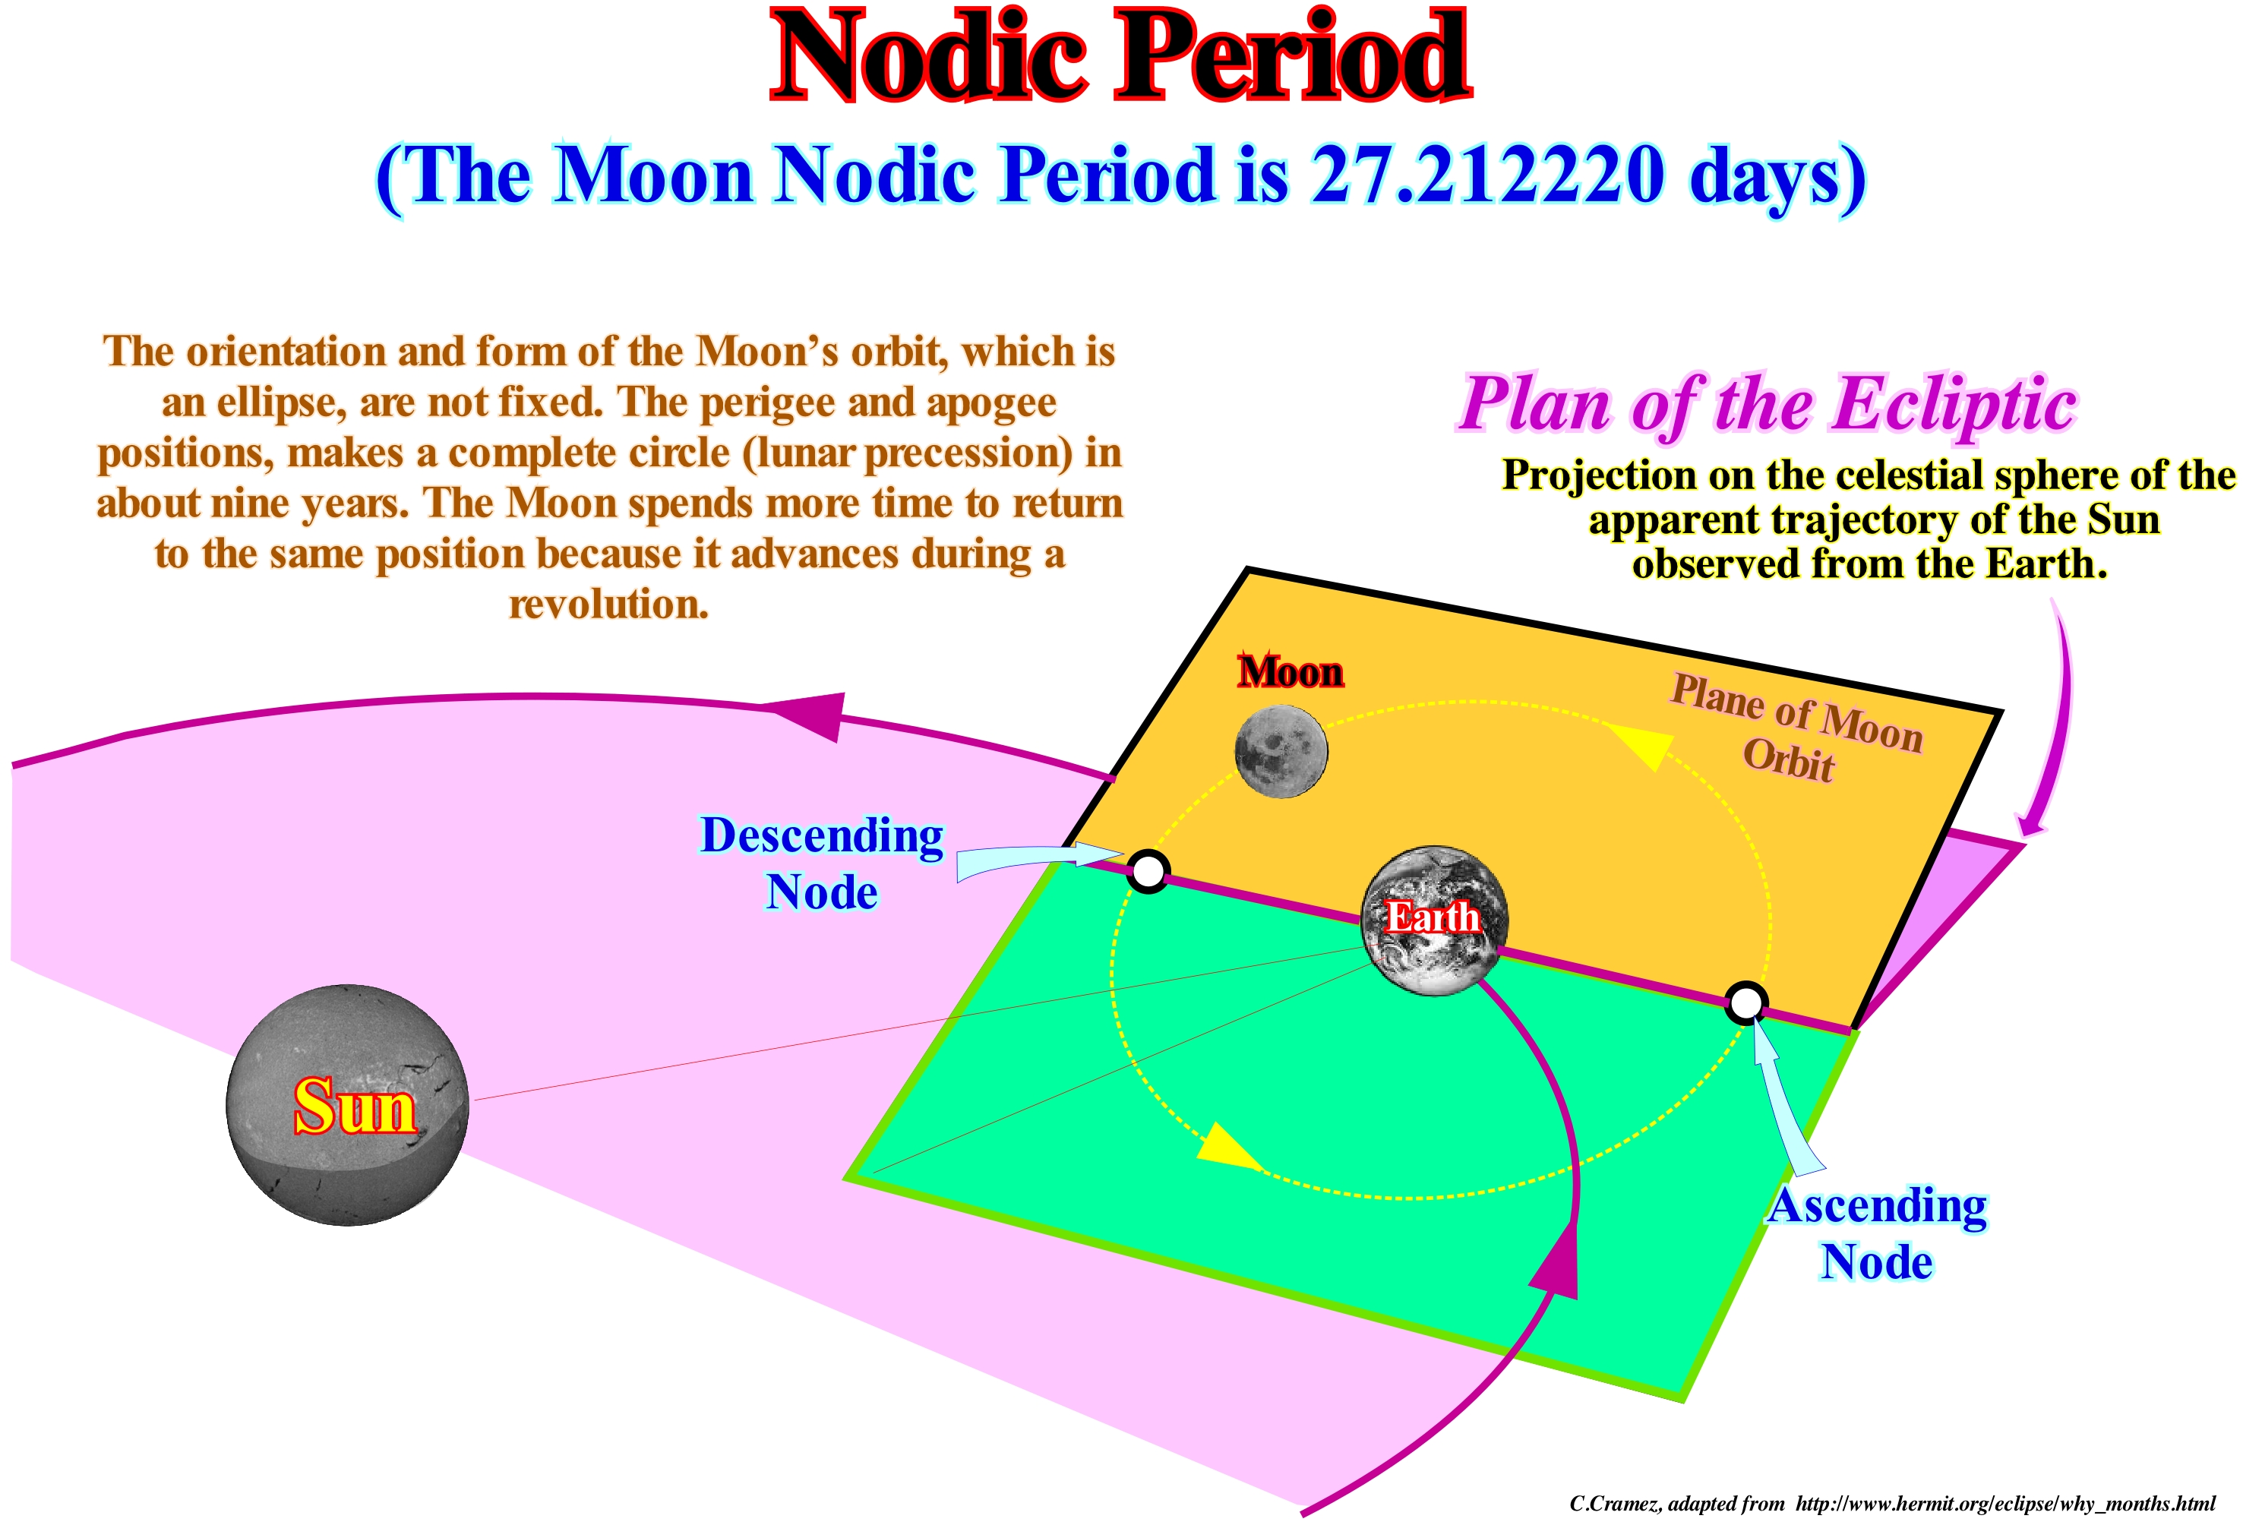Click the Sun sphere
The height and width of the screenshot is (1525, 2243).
[347, 1106]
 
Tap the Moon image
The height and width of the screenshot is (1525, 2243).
[1281, 752]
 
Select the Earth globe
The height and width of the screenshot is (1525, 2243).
[1434, 920]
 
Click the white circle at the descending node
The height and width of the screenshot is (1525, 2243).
[1148, 872]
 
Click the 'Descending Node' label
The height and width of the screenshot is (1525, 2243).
[821, 863]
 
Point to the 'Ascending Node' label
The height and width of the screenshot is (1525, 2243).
[1877, 1233]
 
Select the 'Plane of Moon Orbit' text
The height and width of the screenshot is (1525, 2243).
[1795, 729]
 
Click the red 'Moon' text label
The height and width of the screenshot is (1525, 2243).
[1291, 672]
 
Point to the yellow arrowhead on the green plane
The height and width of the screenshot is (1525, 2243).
[1226, 1147]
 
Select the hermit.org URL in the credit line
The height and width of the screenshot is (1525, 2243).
[2005, 1504]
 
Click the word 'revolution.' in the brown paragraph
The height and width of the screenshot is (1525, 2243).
[609, 605]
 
